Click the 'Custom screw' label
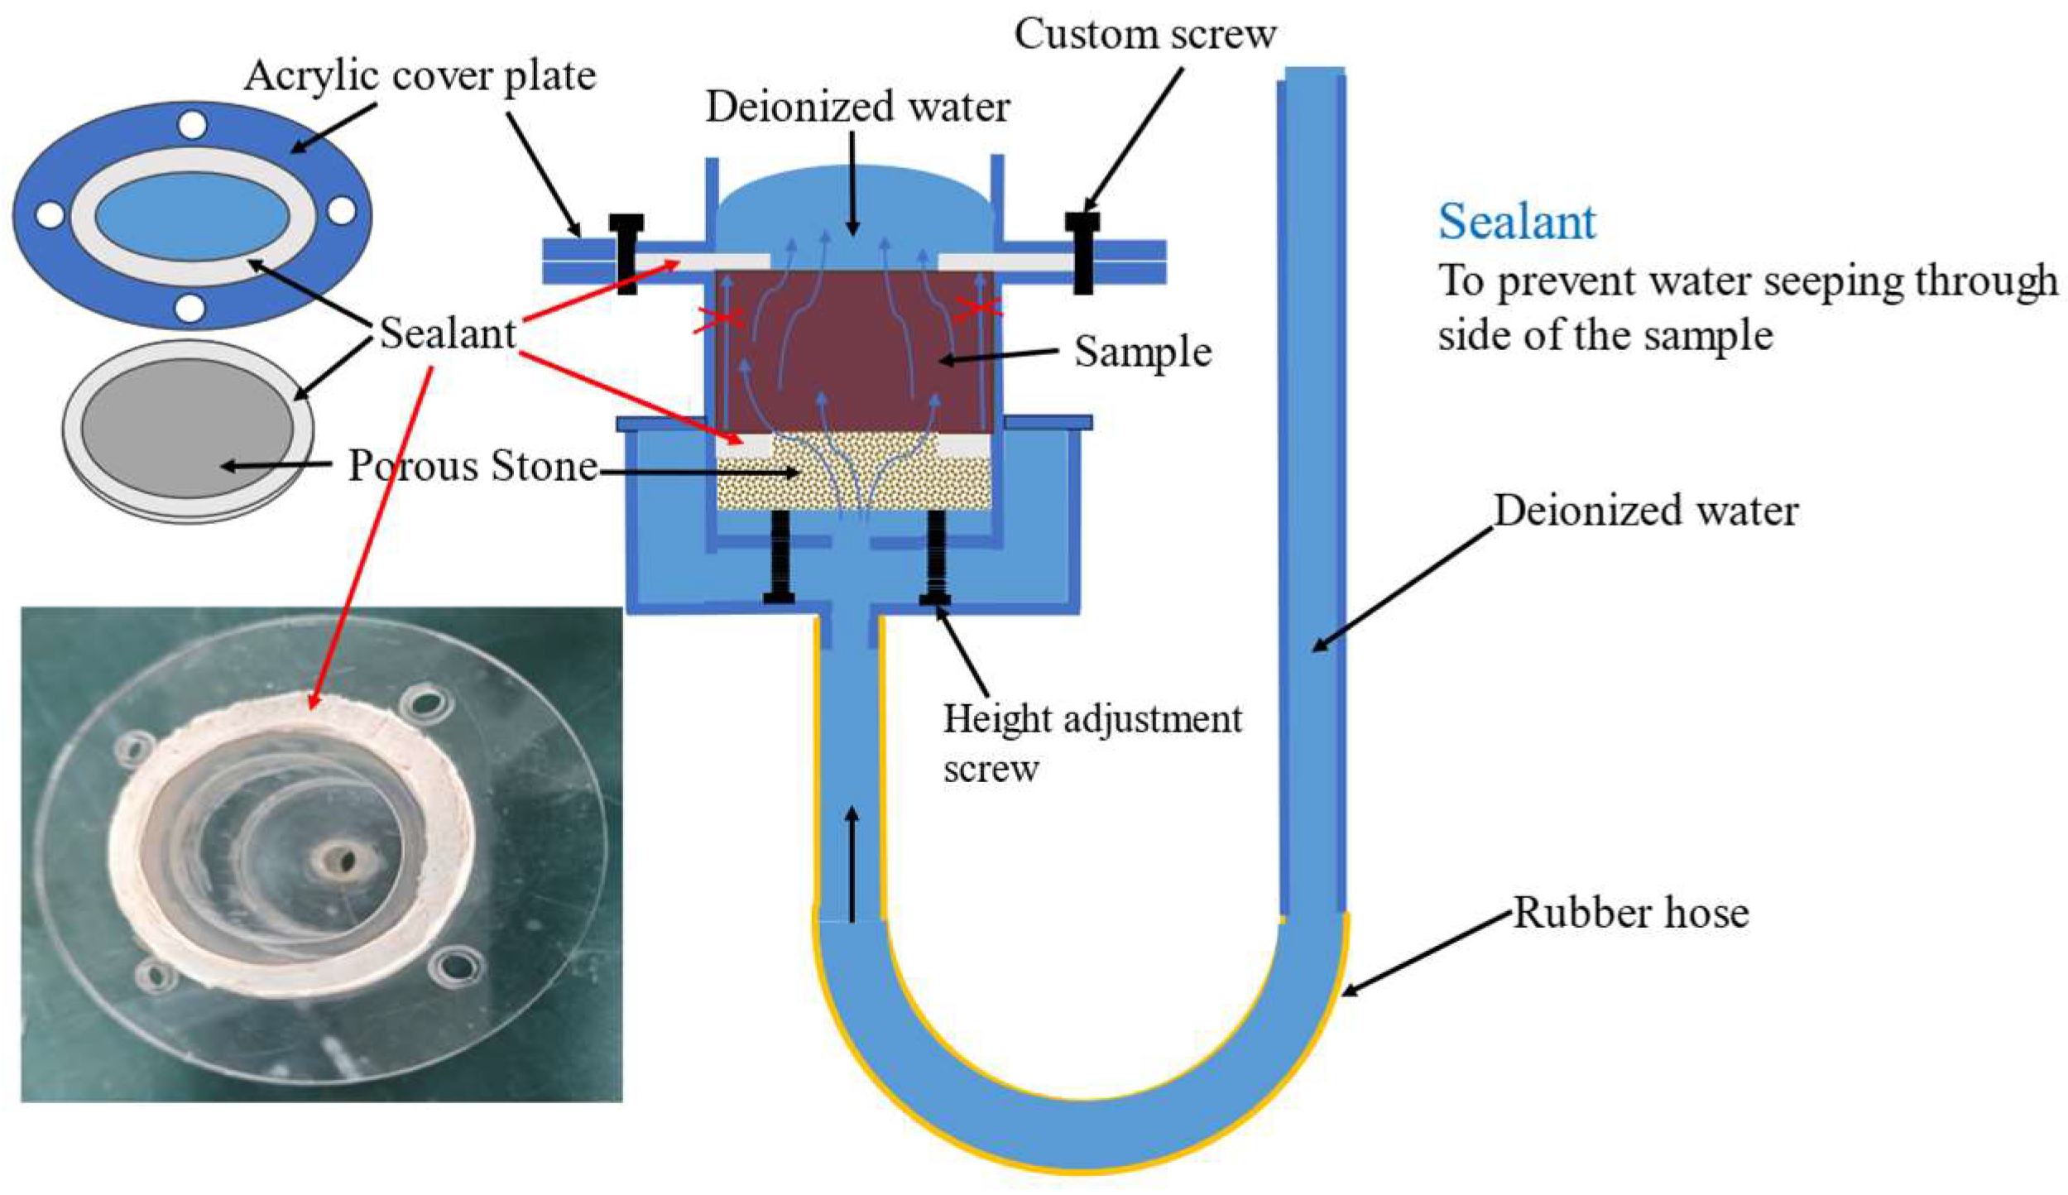click(1144, 35)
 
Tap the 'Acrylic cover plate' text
click(420, 76)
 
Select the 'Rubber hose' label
click(1630, 914)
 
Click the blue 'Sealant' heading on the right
click(1516, 222)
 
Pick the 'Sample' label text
click(1142, 352)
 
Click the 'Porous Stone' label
click(472, 466)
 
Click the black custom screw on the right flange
click(1082, 252)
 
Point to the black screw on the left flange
click(626, 252)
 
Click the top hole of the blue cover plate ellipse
click(192, 126)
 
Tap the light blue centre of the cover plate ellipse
click(192, 217)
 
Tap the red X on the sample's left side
click(718, 319)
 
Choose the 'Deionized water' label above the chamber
click(857, 108)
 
